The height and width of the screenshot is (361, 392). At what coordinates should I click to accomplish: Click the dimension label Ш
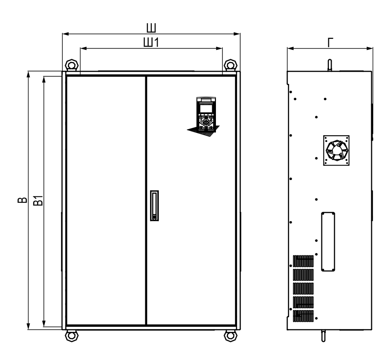(x=151, y=28)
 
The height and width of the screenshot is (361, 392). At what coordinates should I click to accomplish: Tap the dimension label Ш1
(x=151, y=42)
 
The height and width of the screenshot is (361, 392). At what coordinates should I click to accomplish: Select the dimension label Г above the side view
(x=330, y=42)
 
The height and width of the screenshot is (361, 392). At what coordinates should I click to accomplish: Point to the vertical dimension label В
(x=23, y=200)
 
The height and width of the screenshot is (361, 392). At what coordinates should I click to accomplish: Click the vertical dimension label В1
(x=38, y=201)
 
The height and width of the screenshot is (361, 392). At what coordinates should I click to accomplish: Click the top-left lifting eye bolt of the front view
(x=72, y=65)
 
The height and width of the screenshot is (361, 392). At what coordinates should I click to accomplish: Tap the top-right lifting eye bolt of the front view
(x=231, y=65)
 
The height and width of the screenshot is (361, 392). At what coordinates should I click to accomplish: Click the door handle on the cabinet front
(x=155, y=205)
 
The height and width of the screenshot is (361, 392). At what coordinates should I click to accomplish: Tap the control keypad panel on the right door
(x=206, y=114)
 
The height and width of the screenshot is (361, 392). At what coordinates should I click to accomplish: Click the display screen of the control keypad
(x=206, y=108)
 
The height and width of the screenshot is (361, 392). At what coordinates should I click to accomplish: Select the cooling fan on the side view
(x=336, y=151)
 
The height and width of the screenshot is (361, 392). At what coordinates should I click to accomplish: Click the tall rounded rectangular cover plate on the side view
(x=328, y=242)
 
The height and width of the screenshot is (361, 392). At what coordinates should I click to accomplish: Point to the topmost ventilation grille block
(x=303, y=261)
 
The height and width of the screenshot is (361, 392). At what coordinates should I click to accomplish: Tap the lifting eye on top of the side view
(x=330, y=65)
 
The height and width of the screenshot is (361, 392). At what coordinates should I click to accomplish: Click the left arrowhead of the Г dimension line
(x=290, y=48)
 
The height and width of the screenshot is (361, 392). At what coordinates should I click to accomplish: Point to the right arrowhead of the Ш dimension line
(x=237, y=34)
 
